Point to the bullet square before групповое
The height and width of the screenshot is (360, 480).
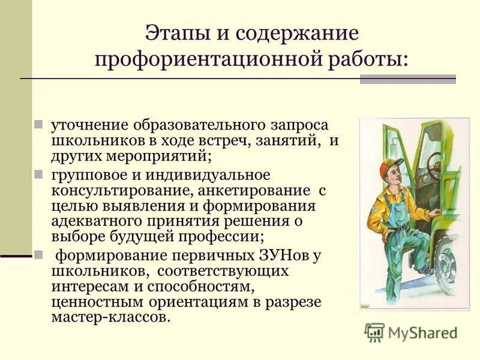(x=38, y=175)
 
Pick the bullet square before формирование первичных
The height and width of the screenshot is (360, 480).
(x=38, y=254)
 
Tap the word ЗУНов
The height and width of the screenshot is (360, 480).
(x=284, y=255)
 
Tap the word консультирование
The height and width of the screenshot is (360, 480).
(x=113, y=191)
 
